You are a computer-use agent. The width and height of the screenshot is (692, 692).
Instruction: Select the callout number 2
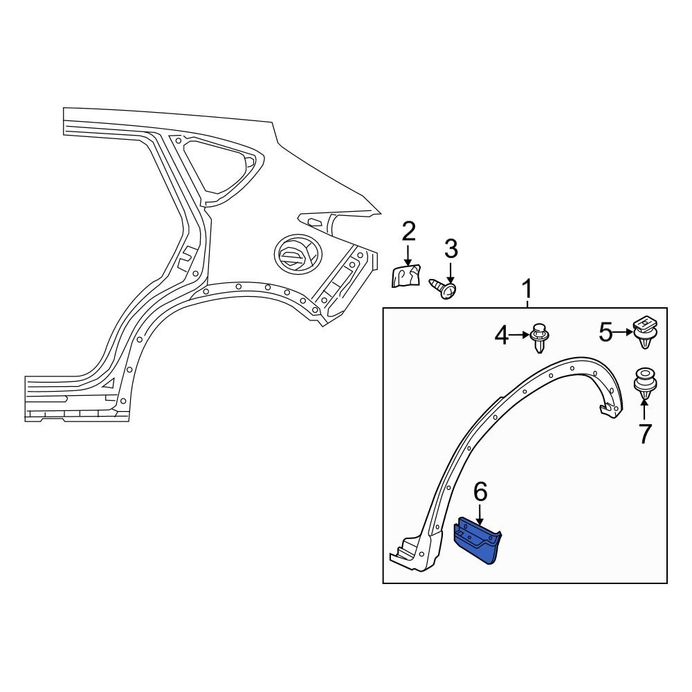408,232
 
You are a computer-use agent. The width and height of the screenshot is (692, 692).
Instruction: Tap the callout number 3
450,248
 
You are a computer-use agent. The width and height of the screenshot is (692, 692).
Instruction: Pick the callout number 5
605,334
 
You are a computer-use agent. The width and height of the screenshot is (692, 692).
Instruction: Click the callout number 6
480,492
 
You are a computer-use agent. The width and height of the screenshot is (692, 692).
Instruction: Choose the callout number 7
645,434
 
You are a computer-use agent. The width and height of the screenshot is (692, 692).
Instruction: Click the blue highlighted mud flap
477,540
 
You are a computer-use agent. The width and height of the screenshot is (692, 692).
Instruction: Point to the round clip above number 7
645,383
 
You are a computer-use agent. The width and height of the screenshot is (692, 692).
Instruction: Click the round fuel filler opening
296,254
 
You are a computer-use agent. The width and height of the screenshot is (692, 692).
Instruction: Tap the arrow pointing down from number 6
480,515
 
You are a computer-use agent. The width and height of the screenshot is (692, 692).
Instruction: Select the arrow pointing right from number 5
623,334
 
